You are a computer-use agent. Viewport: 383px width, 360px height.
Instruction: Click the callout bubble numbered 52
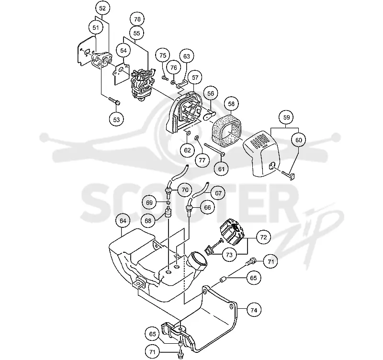click(x=102, y=8)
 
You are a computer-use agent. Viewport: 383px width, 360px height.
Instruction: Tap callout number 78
click(x=137, y=19)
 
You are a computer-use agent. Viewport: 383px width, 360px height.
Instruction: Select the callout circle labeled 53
click(x=116, y=119)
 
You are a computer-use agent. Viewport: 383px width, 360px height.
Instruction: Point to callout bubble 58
click(x=231, y=104)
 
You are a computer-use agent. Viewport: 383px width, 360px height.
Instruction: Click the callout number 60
click(x=298, y=140)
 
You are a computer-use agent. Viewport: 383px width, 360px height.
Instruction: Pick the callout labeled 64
click(x=123, y=221)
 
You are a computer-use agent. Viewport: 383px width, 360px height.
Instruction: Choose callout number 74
click(x=254, y=310)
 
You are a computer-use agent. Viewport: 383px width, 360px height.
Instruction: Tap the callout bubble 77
click(x=202, y=160)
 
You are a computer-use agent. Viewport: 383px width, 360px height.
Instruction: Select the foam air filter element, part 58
click(x=226, y=129)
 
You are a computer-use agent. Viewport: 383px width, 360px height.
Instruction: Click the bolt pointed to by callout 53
click(x=114, y=101)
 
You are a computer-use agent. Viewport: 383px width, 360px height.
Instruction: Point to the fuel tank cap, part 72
click(x=232, y=231)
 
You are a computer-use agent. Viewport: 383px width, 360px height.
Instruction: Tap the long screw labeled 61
click(x=214, y=149)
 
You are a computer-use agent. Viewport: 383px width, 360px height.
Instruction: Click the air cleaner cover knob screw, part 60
click(x=289, y=175)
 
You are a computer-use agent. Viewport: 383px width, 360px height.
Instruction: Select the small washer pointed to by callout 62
click(x=188, y=134)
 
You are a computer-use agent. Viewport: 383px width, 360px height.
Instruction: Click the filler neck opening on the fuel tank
click(x=198, y=259)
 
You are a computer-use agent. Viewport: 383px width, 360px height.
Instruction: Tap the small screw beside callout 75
click(x=165, y=78)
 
